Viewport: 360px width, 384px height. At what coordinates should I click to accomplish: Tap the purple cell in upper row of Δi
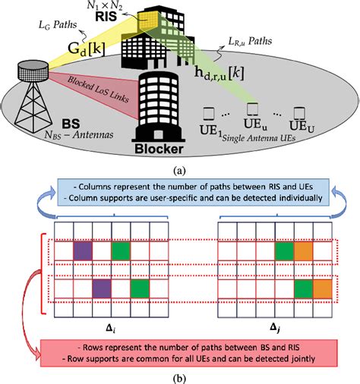[x=84, y=250]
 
